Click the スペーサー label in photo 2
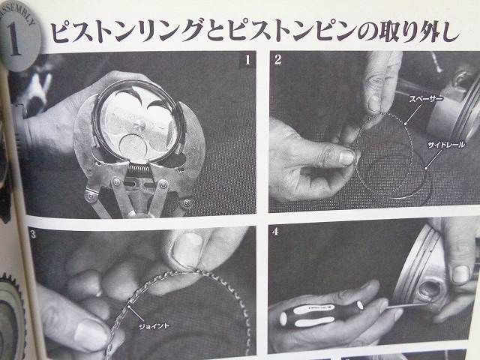pos(425,99)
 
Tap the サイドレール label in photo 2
pos(446,145)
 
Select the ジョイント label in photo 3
pos(154,326)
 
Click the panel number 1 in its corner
pos(247,60)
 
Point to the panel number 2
pos(277,59)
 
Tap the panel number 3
pos(33,235)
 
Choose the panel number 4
pos(275,232)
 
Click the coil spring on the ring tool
pos(139,169)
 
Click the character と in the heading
pos(215,30)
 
